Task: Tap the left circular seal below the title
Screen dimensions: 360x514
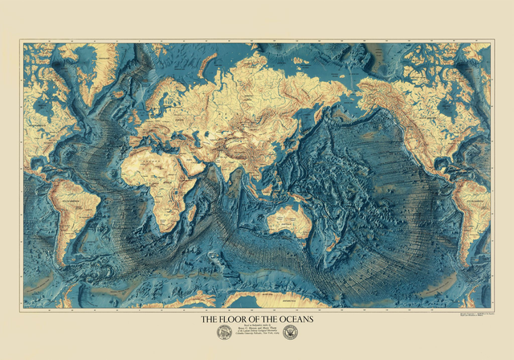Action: tap(224, 333)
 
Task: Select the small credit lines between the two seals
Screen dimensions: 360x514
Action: tap(256, 332)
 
